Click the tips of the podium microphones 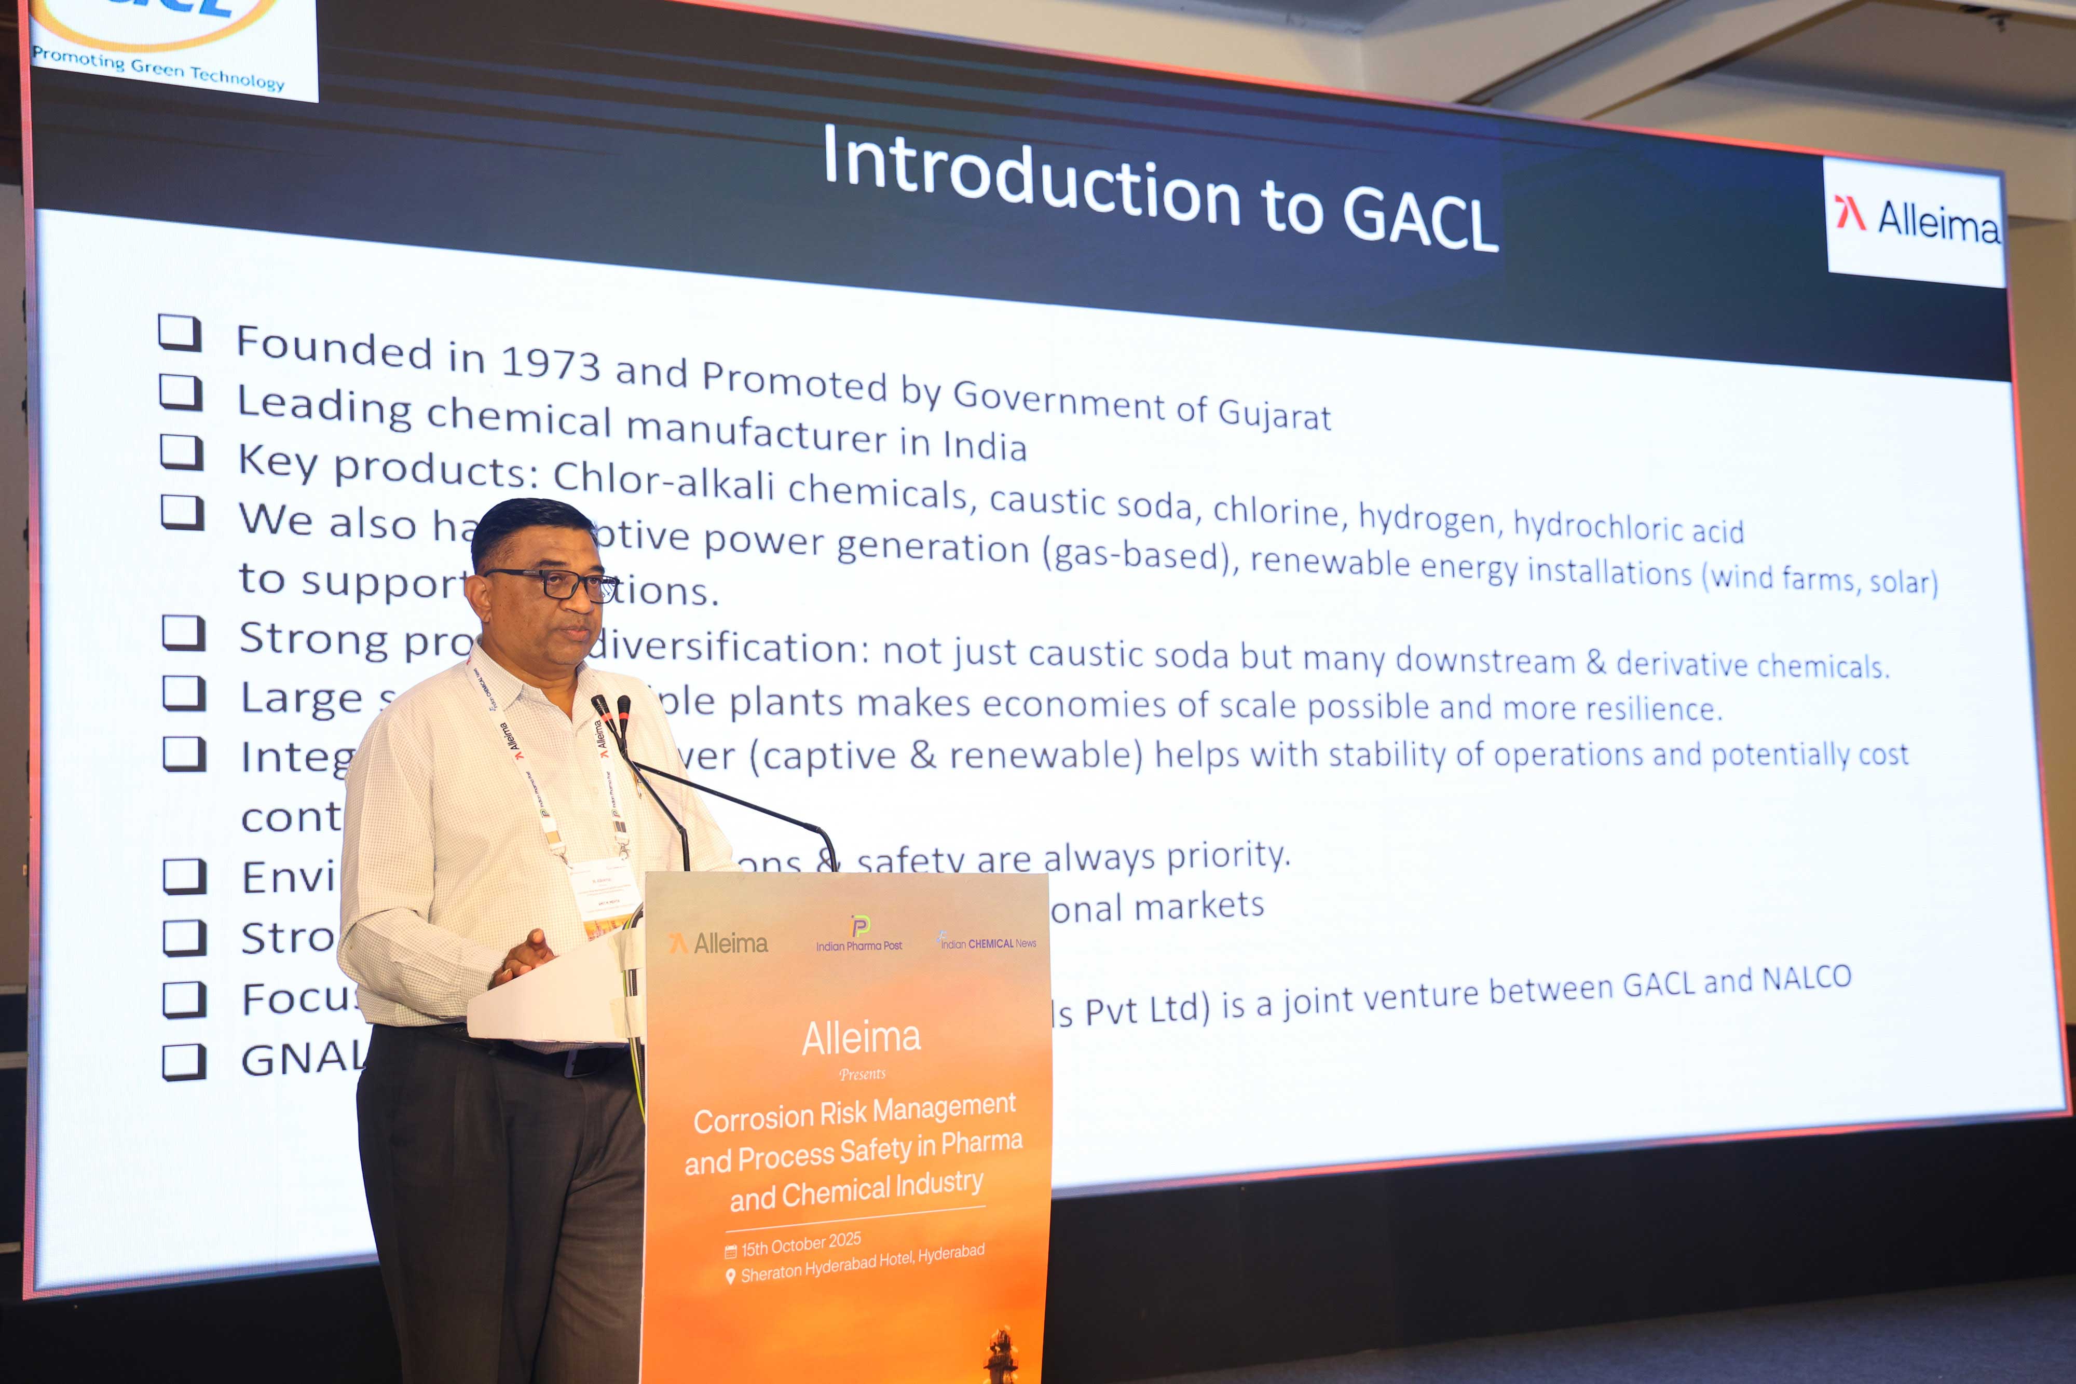611,706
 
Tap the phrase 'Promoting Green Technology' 159,69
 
